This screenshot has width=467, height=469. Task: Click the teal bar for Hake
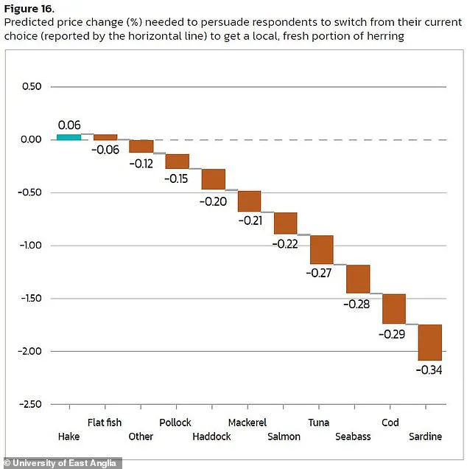click(x=69, y=136)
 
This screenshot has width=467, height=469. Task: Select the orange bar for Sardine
click(x=429, y=342)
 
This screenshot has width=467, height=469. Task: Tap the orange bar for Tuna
click(x=321, y=249)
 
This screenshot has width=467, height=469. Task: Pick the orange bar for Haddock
click(x=213, y=179)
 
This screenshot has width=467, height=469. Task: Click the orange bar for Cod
click(x=393, y=308)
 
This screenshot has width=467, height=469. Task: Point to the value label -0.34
click(x=429, y=369)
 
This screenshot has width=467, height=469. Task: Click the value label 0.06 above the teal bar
click(x=69, y=125)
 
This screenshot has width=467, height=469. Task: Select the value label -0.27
click(x=320, y=273)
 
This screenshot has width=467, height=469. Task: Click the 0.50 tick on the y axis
click(x=30, y=87)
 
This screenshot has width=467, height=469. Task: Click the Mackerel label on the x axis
click(x=247, y=423)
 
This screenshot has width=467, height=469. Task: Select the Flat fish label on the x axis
click(x=105, y=423)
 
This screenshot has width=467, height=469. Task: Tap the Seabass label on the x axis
click(x=353, y=437)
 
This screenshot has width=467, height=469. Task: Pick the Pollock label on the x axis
click(x=175, y=423)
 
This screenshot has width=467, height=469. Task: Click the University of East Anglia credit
click(x=55, y=461)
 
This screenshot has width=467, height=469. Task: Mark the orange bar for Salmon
click(x=285, y=223)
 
